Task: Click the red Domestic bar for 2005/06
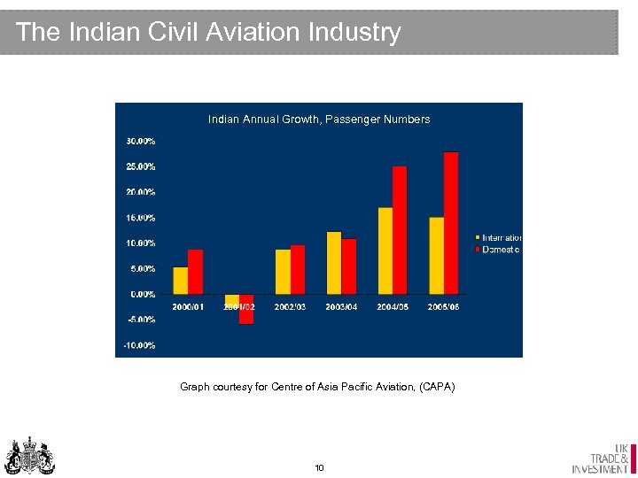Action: point(451,223)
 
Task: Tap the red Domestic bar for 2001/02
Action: point(246,309)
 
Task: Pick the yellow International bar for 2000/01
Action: point(181,280)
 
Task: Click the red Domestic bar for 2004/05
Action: point(400,230)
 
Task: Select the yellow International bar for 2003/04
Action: point(334,262)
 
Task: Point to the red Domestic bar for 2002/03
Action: point(298,269)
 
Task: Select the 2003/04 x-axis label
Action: point(341,306)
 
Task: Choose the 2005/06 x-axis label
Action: point(444,306)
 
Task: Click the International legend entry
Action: point(501,237)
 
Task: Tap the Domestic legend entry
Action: point(501,250)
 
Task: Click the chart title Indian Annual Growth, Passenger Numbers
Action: point(319,119)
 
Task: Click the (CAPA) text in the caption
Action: point(438,386)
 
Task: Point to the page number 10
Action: point(319,467)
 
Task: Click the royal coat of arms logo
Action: point(30,455)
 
